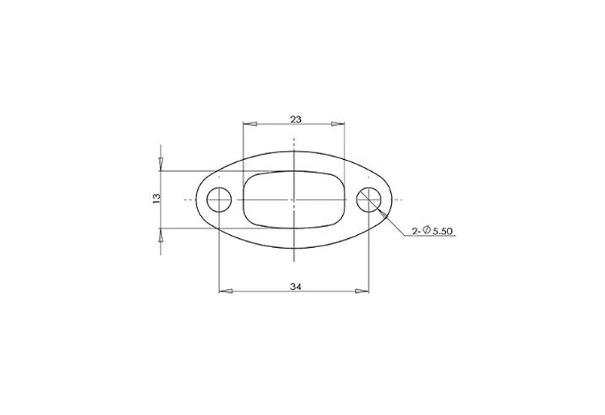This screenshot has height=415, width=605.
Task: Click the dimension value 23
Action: click(x=295, y=119)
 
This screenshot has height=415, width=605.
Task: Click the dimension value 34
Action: click(x=295, y=287)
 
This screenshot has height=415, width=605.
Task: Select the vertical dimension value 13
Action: click(x=156, y=198)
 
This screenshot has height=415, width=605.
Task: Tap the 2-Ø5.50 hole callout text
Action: click(x=432, y=231)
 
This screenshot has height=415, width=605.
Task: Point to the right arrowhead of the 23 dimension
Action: click(x=338, y=124)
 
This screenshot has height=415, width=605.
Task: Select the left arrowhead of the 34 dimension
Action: click(x=226, y=291)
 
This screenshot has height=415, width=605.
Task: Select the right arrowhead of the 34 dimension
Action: click(x=362, y=291)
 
